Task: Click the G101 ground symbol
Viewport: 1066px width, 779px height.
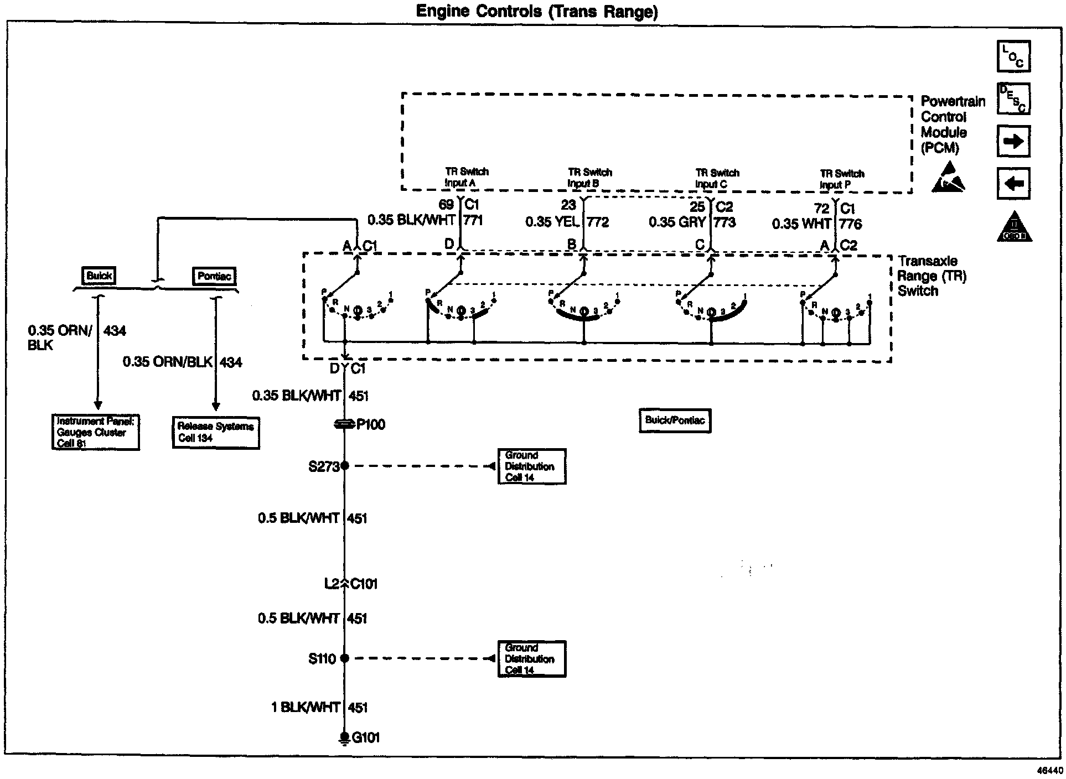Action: coord(344,738)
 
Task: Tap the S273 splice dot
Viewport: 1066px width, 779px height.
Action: coord(344,466)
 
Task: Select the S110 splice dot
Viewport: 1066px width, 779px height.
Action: coord(344,658)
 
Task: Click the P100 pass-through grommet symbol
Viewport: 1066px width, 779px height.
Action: coord(344,424)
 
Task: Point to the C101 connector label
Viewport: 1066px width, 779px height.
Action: coord(364,584)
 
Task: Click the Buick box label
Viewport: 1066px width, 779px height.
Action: coord(100,276)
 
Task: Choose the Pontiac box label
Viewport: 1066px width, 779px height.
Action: coord(214,276)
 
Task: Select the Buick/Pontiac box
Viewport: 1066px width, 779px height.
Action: coord(675,420)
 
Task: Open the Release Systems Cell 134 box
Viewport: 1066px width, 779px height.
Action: coord(216,432)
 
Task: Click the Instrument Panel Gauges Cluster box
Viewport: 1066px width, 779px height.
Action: coord(95,432)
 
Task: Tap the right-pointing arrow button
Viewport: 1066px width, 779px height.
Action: coord(1013,142)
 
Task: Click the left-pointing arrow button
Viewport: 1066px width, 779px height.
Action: coord(1013,183)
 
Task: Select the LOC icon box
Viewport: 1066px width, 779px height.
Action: coord(1013,56)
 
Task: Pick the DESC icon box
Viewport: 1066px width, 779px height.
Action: coord(1013,99)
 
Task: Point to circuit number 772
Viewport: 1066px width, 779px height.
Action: coord(598,222)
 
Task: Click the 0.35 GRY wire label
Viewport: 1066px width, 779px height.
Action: coord(677,222)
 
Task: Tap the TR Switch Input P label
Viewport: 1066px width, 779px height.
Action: coord(841,179)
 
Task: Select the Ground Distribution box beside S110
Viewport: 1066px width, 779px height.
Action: coord(532,659)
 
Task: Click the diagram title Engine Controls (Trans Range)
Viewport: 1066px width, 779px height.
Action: coord(537,11)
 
